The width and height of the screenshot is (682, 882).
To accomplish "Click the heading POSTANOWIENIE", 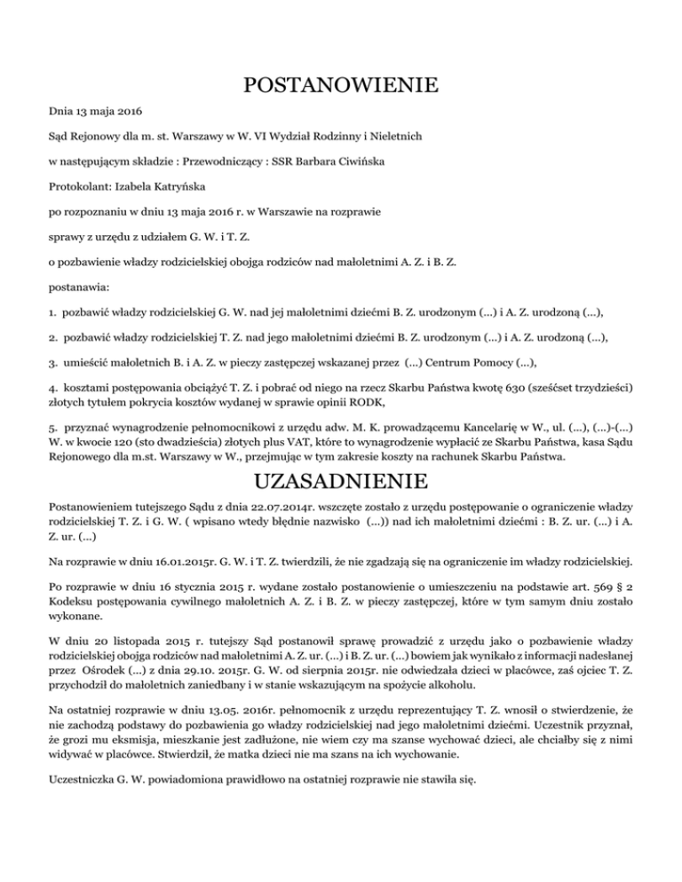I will (341, 86).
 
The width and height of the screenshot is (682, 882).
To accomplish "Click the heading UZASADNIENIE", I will (341, 483).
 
